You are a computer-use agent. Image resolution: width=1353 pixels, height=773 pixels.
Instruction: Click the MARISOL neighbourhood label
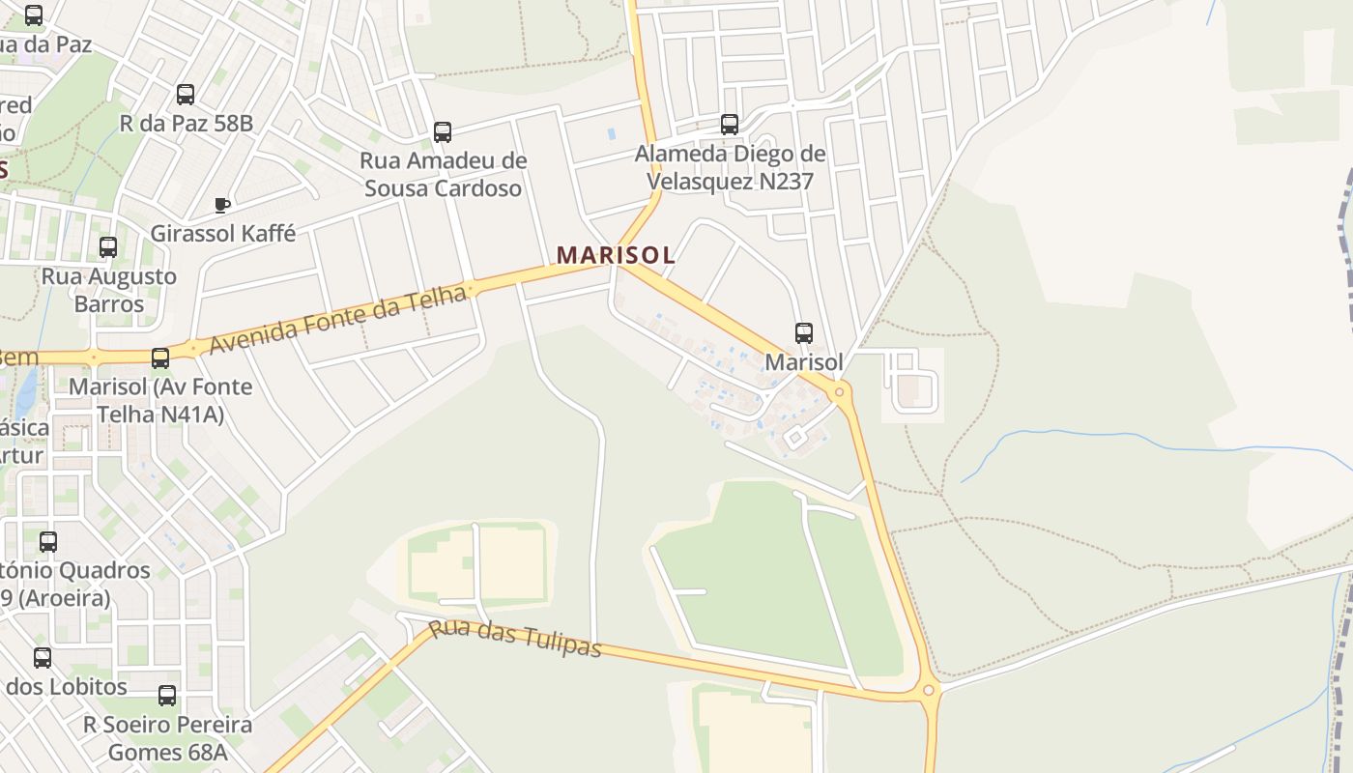[x=616, y=255]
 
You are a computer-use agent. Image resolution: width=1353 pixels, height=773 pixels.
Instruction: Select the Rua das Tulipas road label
[x=515, y=640]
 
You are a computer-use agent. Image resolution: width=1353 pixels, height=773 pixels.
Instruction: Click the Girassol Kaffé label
[x=223, y=234]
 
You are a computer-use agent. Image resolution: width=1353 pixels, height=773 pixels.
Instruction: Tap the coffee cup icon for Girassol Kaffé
[x=221, y=205]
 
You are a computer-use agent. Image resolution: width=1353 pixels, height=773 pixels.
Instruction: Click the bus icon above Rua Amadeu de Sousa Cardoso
[x=443, y=132]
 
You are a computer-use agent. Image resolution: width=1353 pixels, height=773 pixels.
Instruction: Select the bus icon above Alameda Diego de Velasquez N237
[x=730, y=125]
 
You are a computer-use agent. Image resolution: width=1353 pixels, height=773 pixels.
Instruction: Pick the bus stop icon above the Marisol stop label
[x=804, y=333]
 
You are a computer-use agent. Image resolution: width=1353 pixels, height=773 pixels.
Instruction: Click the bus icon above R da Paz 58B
[x=186, y=95]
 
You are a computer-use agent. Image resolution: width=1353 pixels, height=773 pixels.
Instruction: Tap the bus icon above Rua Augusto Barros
[x=108, y=247]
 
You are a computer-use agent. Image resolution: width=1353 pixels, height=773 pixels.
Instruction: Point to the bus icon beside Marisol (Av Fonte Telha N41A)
[x=160, y=358]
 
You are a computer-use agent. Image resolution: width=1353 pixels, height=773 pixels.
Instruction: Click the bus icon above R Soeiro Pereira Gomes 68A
[x=167, y=696]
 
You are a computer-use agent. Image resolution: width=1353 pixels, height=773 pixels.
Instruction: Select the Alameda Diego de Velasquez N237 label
[x=730, y=167]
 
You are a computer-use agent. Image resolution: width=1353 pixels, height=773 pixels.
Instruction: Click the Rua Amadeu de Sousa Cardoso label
[x=444, y=174]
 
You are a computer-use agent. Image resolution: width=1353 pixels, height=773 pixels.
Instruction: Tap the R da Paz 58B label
[x=186, y=124]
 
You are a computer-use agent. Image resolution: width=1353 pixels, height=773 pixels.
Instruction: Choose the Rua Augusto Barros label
[x=108, y=290]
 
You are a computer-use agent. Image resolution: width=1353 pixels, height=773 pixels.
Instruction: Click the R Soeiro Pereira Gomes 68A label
[x=167, y=738]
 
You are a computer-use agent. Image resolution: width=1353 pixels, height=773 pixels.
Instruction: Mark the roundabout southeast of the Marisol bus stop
[x=840, y=391]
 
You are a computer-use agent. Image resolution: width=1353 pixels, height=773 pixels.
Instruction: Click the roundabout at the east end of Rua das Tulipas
[x=929, y=690]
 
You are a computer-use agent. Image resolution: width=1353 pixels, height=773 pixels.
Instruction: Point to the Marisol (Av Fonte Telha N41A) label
[x=160, y=400]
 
